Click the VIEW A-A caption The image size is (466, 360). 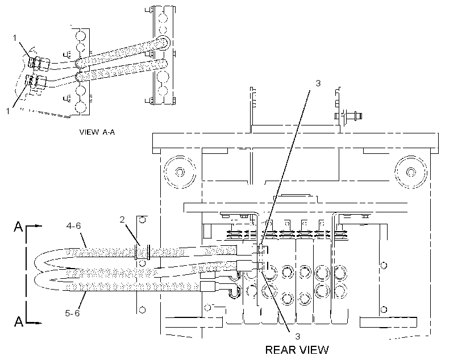click(97, 132)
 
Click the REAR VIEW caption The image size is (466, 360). click(297, 350)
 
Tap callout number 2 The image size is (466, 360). click(122, 220)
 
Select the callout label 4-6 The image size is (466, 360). click(74, 226)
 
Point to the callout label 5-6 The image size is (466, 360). click(72, 313)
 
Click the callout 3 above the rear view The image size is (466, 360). click(318, 83)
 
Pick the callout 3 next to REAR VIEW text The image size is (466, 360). click(297, 336)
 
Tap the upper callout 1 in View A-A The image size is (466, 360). click(15, 38)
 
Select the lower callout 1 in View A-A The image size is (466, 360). click(8, 111)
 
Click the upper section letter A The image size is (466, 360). click(18, 227)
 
